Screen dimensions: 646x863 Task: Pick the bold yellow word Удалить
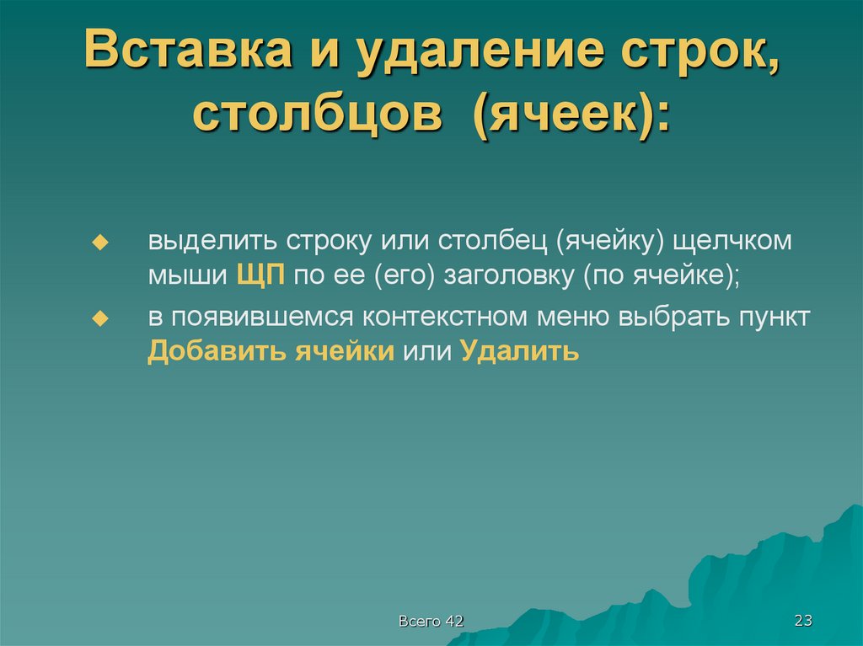click(520, 351)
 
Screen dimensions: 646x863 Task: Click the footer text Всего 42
click(431, 622)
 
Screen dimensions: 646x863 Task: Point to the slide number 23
click(802, 622)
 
